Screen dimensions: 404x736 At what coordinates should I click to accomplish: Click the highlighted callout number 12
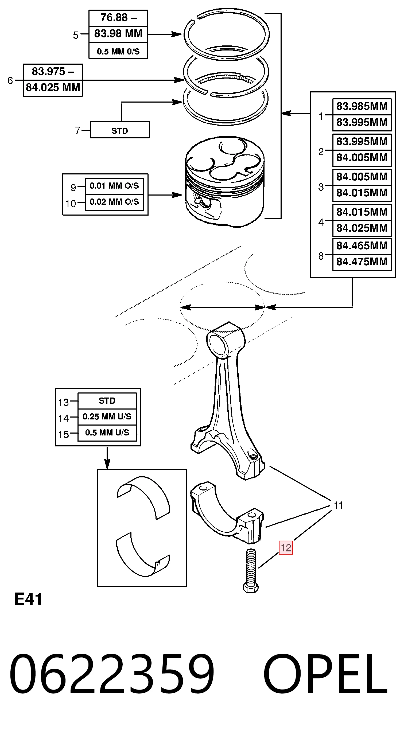point(286,547)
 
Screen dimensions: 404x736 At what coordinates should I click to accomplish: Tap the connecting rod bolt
point(251,571)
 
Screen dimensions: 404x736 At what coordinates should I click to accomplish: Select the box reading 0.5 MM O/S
point(118,51)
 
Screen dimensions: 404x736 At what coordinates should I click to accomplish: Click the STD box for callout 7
point(120,130)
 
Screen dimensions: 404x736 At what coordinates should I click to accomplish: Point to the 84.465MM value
point(362,246)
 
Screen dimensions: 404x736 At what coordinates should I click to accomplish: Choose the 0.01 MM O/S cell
point(114,186)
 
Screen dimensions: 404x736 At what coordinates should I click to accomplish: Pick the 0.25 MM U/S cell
point(107,416)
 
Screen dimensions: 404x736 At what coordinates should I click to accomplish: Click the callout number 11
point(338,505)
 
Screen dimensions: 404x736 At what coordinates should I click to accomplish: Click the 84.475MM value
point(362,262)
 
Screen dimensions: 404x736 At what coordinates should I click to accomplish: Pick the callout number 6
point(10,81)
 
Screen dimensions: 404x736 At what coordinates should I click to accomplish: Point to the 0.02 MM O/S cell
point(114,202)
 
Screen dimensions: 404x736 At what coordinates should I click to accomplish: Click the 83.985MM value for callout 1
point(362,106)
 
